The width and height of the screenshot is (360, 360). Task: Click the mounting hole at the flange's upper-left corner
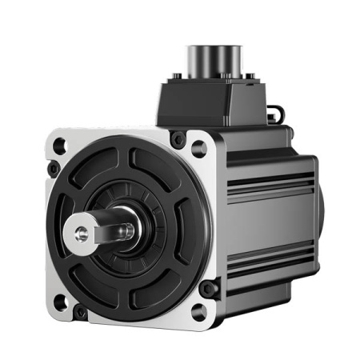click(x=60, y=146)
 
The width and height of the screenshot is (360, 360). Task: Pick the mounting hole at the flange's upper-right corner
click(x=198, y=147)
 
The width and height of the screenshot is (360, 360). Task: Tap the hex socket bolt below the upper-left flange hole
click(x=54, y=170)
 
